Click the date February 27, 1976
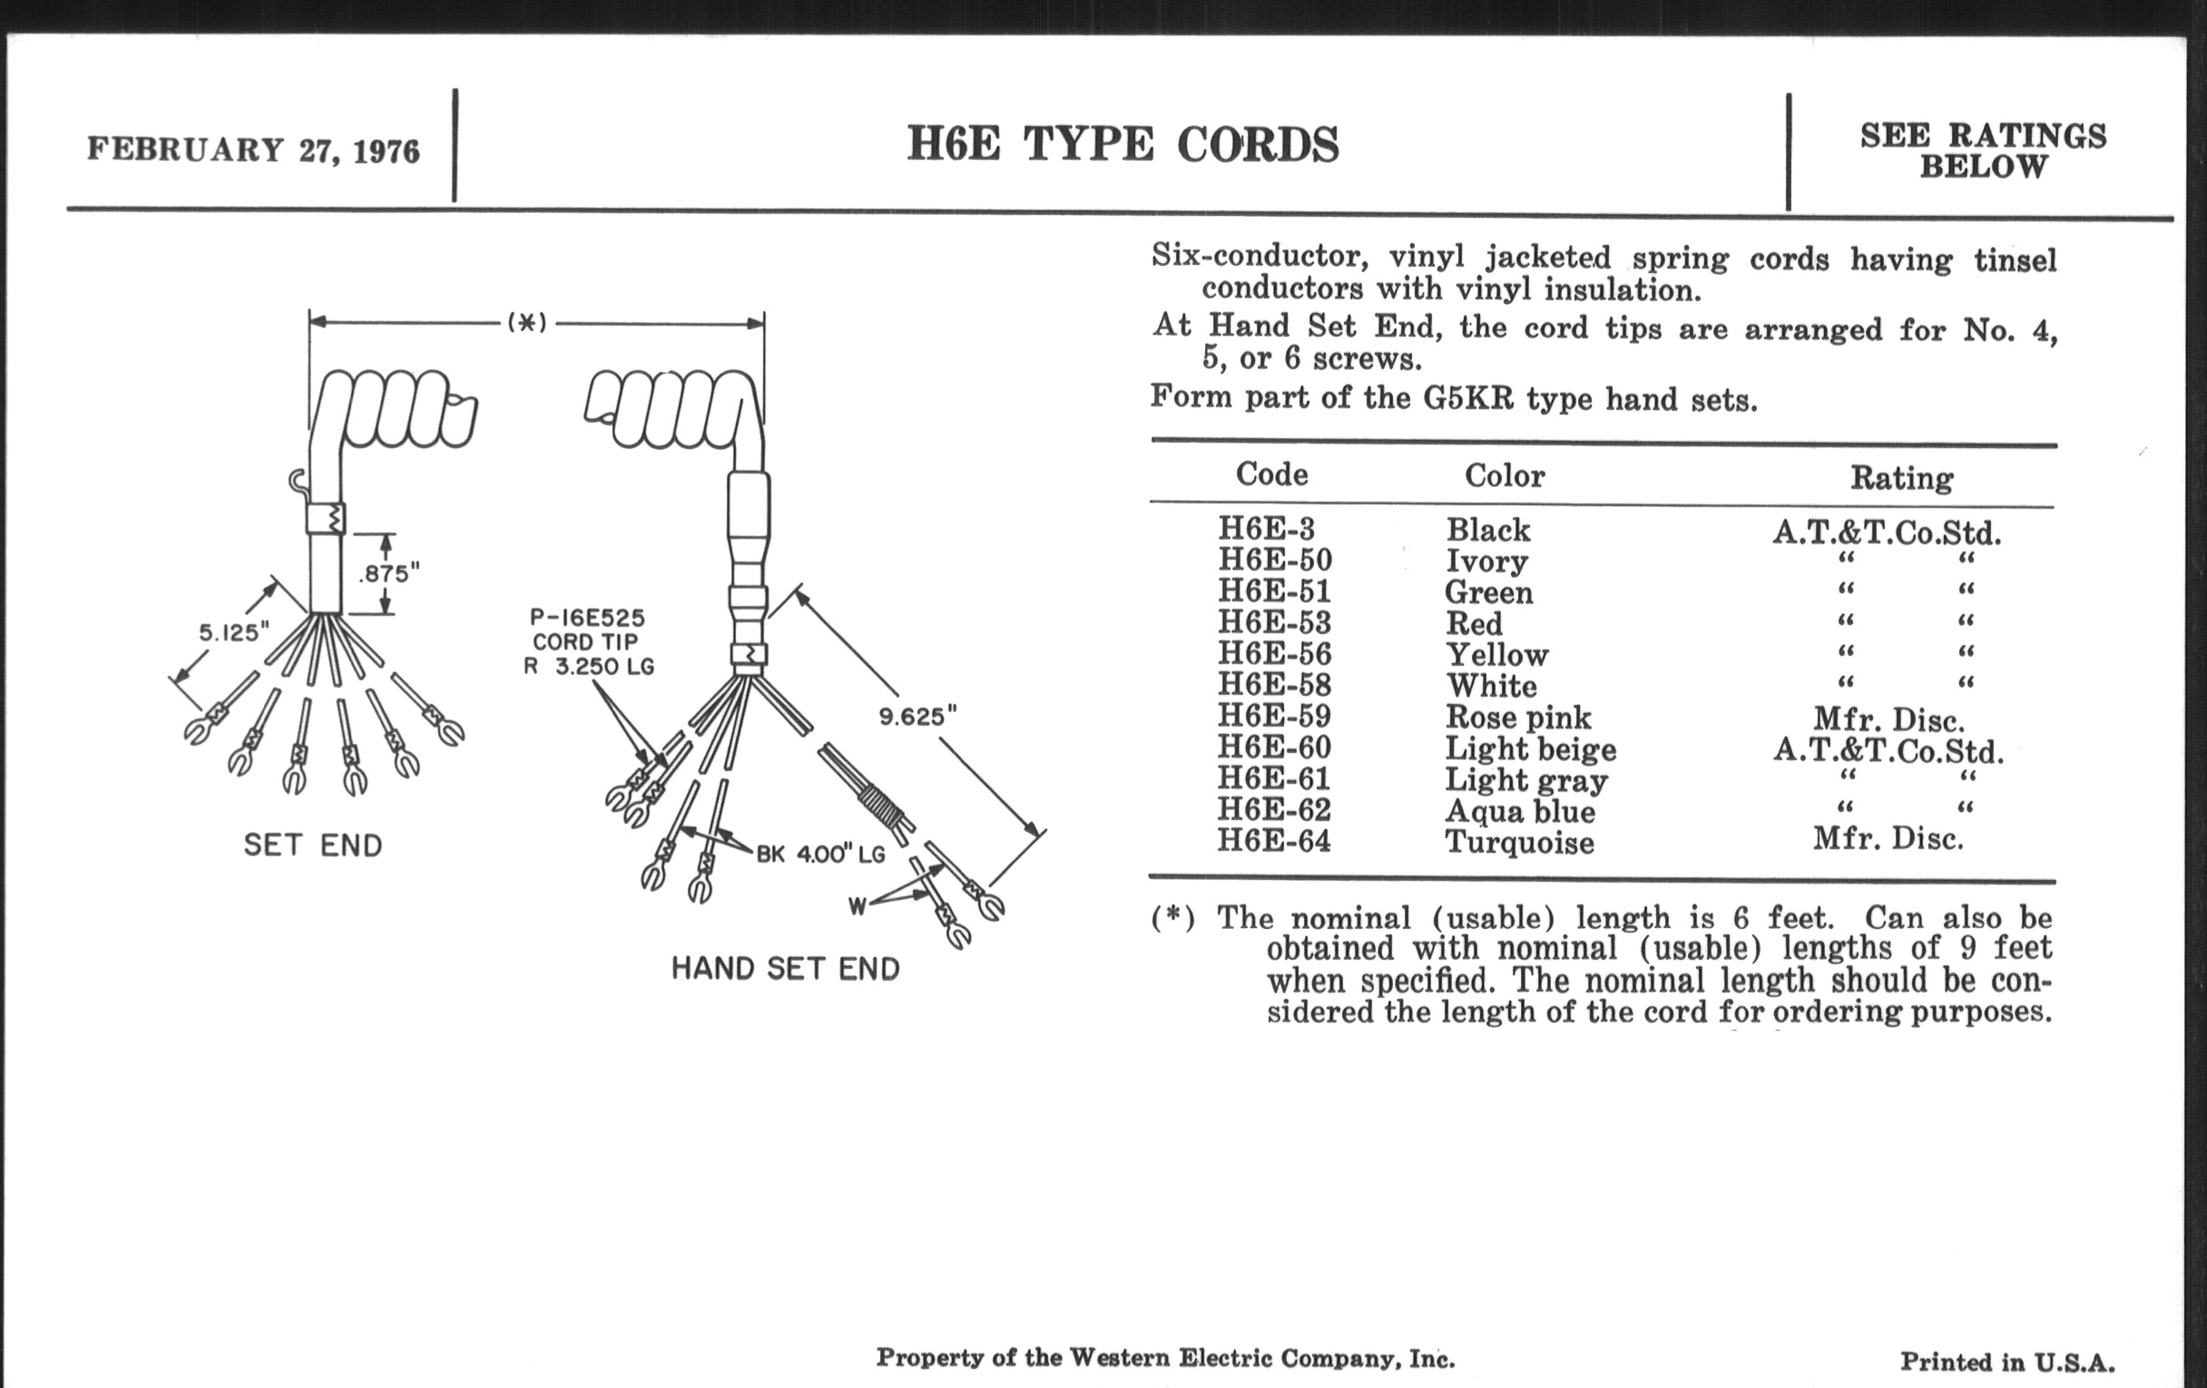tap(253, 151)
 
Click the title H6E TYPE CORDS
tap(1123, 145)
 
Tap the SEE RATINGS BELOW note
tap(1984, 152)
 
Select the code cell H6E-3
tap(1266, 529)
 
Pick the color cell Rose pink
tap(1518, 717)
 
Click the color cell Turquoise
tap(1519, 841)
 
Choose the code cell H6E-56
tap(1274, 654)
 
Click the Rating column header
tap(1901, 477)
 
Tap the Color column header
tap(1504, 475)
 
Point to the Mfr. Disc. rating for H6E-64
tap(1888, 837)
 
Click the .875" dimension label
tap(388, 573)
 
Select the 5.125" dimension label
tap(235, 632)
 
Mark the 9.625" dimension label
tap(917, 717)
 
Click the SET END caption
tap(312, 845)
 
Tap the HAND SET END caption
tap(786, 968)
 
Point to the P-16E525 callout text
tap(587, 618)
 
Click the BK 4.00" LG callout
tap(820, 854)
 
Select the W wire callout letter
tap(857, 907)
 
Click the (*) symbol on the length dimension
tap(527, 322)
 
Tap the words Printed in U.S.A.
tap(2007, 1363)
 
